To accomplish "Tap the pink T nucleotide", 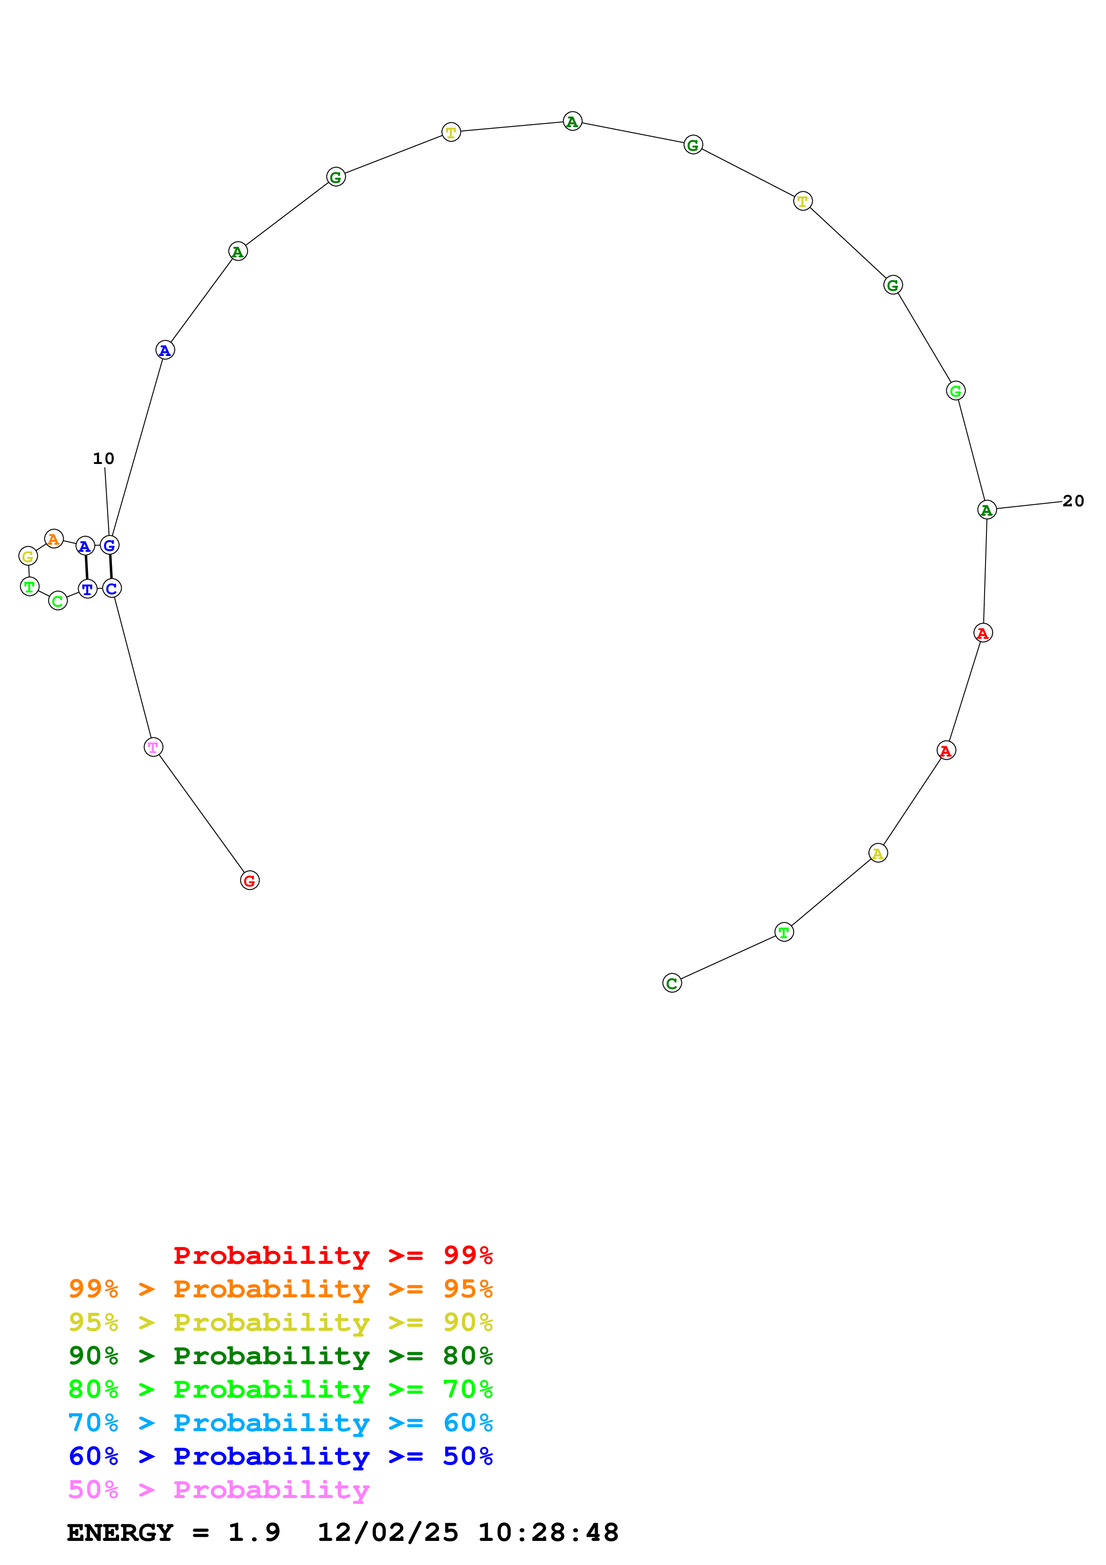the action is tap(153, 747).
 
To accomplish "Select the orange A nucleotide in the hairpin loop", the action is tap(54, 539).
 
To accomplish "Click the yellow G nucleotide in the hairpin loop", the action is tap(28, 556).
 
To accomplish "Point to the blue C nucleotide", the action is tap(112, 588).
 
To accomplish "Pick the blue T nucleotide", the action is tap(87, 589).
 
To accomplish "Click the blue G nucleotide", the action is tap(109, 545).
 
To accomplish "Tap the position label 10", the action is tap(104, 459).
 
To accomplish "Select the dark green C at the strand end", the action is tap(672, 983).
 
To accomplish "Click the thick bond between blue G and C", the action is tap(110, 567).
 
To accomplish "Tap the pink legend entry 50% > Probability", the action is tap(219, 1490).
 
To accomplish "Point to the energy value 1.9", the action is tap(253, 1533).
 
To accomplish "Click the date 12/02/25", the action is tap(388, 1533).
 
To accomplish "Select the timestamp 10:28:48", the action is tap(548, 1533).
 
